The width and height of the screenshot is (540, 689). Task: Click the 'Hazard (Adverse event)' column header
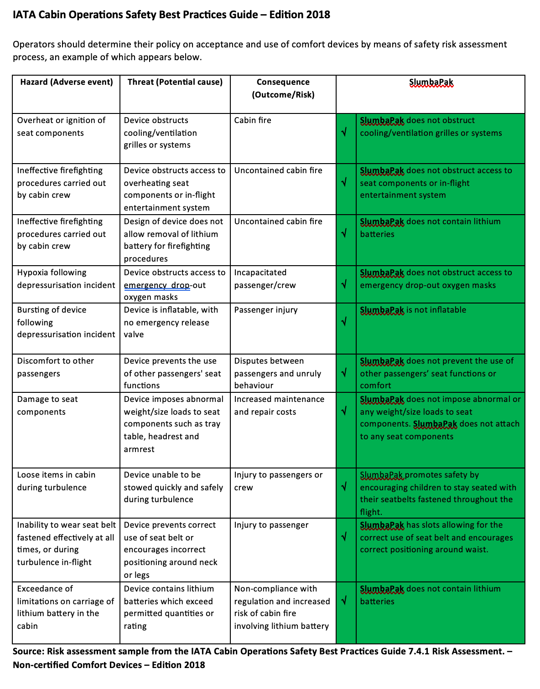tap(67, 82)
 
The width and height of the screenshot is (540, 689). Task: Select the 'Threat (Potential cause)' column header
tap(175, 82)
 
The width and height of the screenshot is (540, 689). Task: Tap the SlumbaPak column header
tap(431, 82)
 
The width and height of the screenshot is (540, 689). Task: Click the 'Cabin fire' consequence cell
tap(253, 120)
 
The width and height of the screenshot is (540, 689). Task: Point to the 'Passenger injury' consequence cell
tap(266, 310)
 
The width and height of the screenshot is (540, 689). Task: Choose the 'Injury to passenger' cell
tap(271, 525)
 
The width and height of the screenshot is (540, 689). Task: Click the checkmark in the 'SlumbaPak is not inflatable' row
tap(344, 322)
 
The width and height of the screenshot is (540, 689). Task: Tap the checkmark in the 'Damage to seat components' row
tap(344, 411)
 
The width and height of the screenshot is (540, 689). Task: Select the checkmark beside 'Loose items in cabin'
tap(344, 487)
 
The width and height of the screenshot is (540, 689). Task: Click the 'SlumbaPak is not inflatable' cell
tap(413, 310)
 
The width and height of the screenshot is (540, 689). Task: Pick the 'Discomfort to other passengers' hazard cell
tap(55, 367)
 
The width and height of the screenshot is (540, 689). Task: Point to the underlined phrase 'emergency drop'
tap(157, 285)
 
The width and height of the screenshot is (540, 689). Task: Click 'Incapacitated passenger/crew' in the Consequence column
tap(265, 279)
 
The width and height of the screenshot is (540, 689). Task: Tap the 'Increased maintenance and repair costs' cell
tap(279, 406)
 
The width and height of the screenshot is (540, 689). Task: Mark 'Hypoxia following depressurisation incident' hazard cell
tap(66, 279)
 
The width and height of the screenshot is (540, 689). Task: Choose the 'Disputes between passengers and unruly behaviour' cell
tap(278, 373)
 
